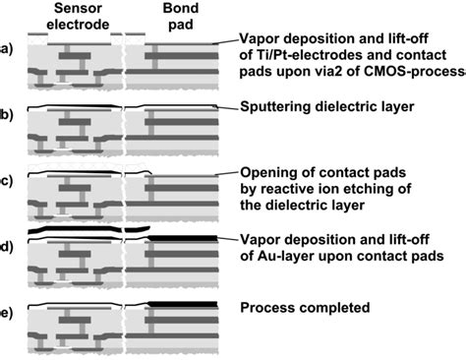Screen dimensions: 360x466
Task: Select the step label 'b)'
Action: pyautogui.click(x=8, y=116)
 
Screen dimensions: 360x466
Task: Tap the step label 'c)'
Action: pyautogui.click(x=8, y=181)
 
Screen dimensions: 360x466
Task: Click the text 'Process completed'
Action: pyautogui.click(x=305, y=308)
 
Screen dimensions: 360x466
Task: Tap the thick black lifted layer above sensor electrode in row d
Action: pyautogui.click(x=74, y=230)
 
